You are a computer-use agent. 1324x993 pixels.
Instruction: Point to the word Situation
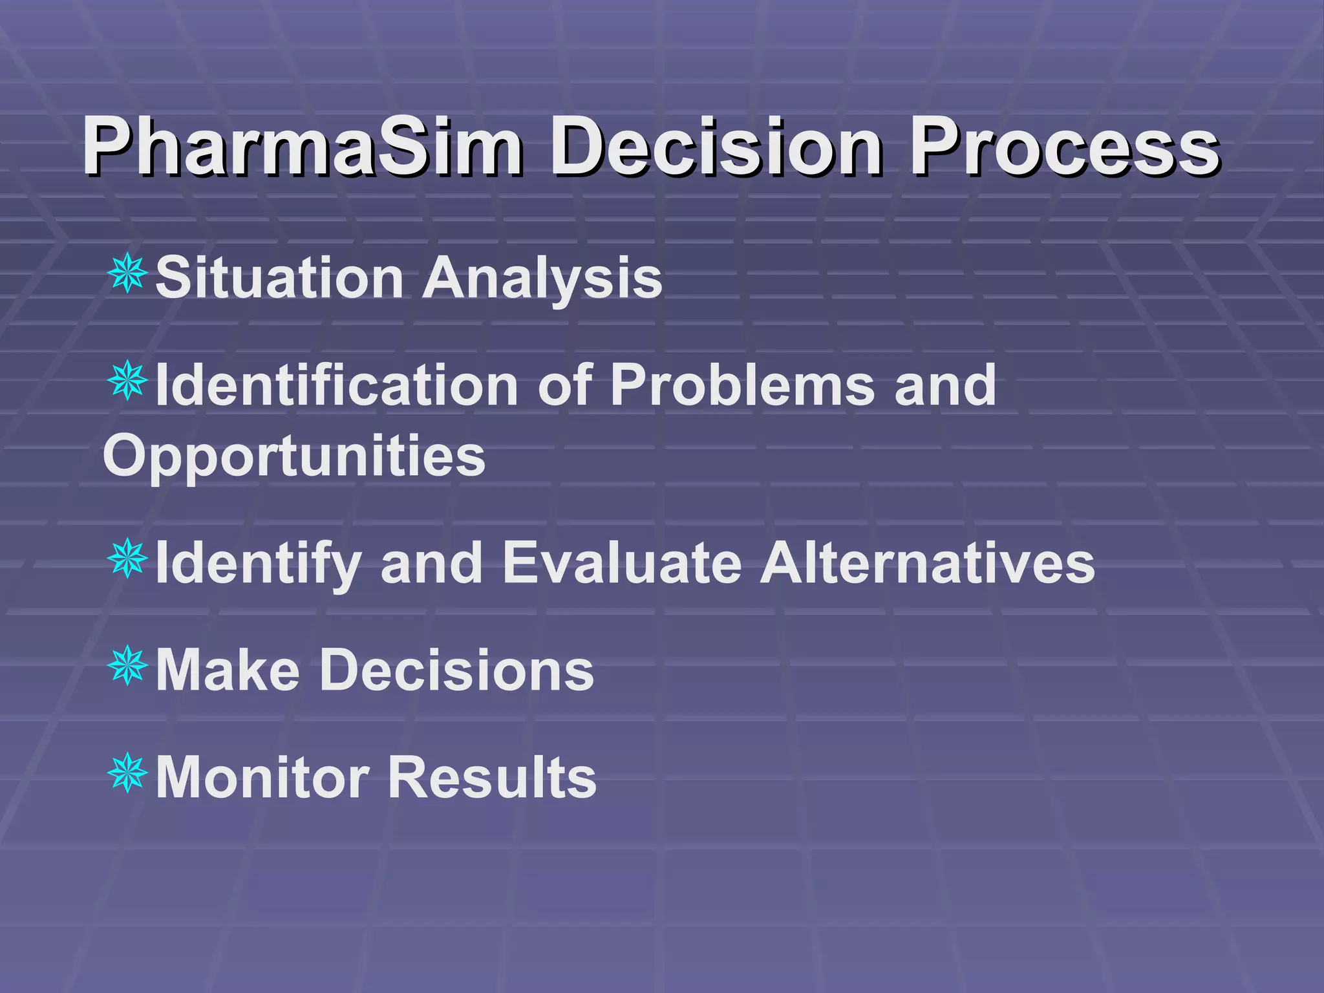[x=279, y=278]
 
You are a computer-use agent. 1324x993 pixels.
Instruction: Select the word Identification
[x=336, y=385]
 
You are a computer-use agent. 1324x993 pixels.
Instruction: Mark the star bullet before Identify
[x=128, y=558]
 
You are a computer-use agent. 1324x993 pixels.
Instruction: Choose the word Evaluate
[x=621, y=562]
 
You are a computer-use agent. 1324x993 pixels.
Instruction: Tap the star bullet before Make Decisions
[x=128, y=665]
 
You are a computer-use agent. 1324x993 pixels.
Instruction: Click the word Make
[x=228, y=670]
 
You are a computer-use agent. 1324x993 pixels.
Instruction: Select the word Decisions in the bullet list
[x=456, y=670]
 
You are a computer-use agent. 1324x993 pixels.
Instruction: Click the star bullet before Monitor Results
[x=128, y=773]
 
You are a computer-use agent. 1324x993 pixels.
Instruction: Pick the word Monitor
[x=262, y=777]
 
